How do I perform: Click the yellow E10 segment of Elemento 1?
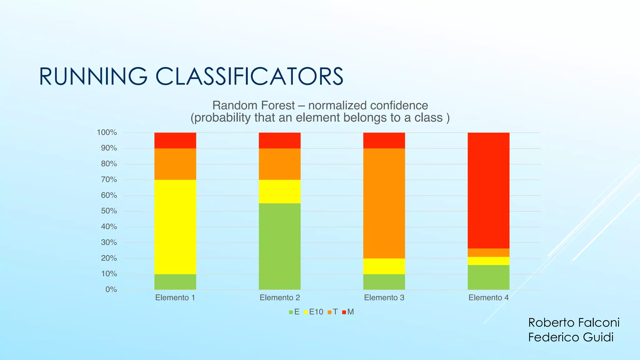(x=175, y=227)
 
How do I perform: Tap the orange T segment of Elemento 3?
(x=384, y=203)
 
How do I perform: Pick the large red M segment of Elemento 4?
(x=488, y=191)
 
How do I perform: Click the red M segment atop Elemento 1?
(x=175, y=140)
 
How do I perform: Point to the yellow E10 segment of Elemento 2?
(x=279, y=191)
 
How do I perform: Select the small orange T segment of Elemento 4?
(x=488, y=252)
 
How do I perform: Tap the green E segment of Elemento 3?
(x=384, y=282)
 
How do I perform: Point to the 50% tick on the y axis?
(x=109, y=211)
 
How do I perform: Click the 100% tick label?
(x=107, y=132)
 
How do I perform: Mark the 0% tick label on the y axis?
(x=111, y=290)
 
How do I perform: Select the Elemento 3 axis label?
(x=384, y=297)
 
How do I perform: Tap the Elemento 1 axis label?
(x=175, y=297)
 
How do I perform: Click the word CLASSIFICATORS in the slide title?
(x=249, y=77)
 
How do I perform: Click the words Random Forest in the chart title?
(x=253, y=106)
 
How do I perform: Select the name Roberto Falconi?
(x=574, y=322)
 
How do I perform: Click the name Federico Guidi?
(x=571, y=337)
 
